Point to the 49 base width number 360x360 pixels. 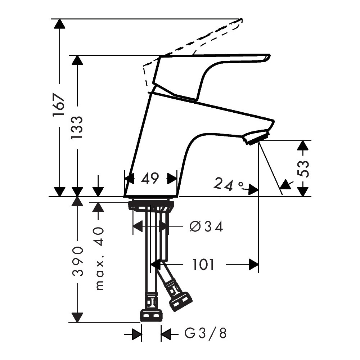(x=150, y=179)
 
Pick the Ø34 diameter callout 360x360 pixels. (x=206, y=227)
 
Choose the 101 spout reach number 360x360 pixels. (x=203, y=264)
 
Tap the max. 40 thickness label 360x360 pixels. (x=99, y=258)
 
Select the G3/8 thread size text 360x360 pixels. (x=206, y=333)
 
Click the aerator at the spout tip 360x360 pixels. (x=256, y=137)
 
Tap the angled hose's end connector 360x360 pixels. (x=180, y=302)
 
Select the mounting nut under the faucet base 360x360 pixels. (x=151, y=205)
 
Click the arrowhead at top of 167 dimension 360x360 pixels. (x=60, y=24)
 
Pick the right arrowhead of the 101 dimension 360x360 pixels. (x=253, y=265)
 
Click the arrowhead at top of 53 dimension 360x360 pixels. (x=303, y=145)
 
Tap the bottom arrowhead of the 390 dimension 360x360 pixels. (x=77, y=317)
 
